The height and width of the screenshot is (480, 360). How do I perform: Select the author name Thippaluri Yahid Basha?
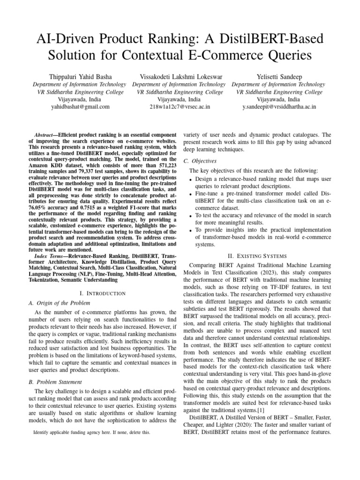[80, 76]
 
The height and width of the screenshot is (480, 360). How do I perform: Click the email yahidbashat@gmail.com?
[80, 107]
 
